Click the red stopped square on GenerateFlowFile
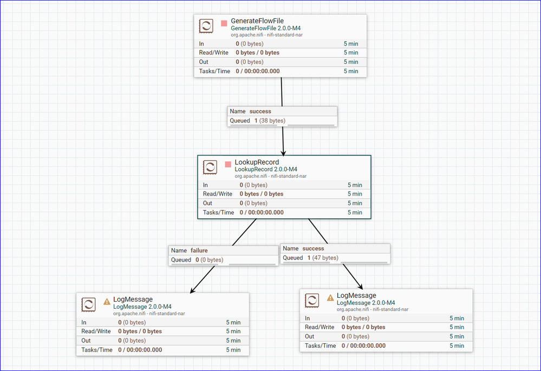(x=224, y=23)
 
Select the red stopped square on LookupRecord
(x=228, y=164)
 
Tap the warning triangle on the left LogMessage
(x=107, y=302)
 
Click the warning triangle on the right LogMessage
(x=330, y=297)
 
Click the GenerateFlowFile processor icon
(x=206, y=26)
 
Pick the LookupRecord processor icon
(x=210, y=167)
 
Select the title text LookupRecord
(x=257, y=162)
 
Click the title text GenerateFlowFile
(x=257, y=21)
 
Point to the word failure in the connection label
(x=199, y=251)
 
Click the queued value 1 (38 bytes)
(x=270, y=121)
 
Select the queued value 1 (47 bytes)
(x=323, y=258)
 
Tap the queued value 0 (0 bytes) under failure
(x=210, y=260)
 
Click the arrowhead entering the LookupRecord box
(x=283, y=153)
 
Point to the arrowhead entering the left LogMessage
(x=193, y=291)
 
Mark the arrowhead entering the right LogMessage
(x=360, y=287)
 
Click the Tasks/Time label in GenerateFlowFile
(x=214, y=71)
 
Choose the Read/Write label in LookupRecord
(x=218, y=194)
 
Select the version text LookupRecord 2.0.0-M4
(x=266, y=170)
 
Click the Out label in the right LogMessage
(x=309, y=336)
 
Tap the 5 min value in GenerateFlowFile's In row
(x=351, y=44)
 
